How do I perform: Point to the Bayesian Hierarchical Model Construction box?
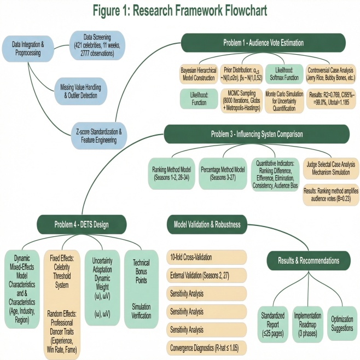(199, 74)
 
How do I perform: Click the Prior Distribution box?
(242, 74)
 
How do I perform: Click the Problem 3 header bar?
(264, 134)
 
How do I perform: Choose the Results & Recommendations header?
(310, 260)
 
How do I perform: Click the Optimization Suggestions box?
(341, 321)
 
